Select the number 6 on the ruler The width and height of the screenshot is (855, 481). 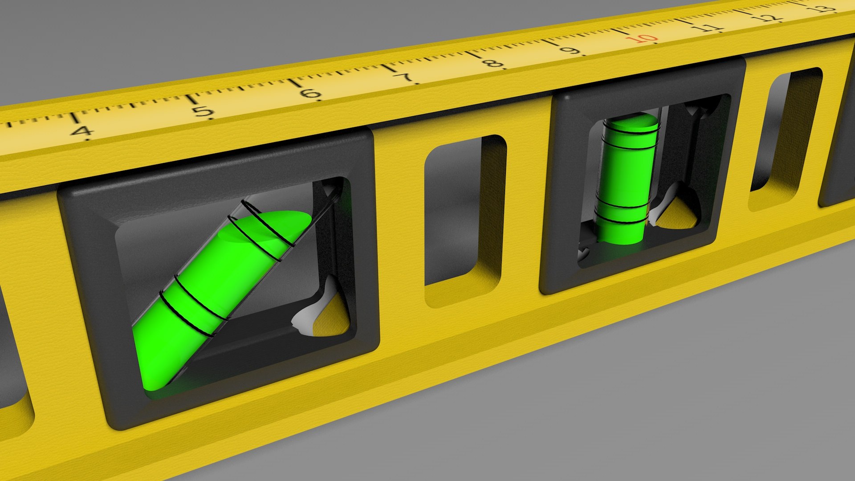310,94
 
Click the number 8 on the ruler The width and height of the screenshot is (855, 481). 493,62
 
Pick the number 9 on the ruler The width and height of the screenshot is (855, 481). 570,49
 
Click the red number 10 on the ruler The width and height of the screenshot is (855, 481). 642,39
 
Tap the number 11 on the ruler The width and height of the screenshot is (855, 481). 708,27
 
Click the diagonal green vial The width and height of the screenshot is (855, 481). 209,294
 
